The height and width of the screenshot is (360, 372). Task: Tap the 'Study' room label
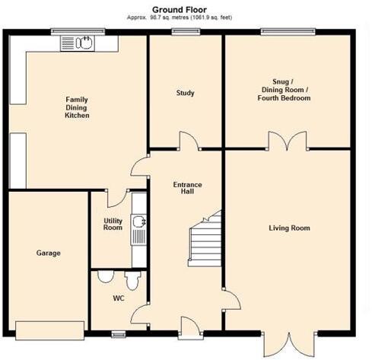(185, 93)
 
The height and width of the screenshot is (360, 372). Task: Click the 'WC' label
(118, 298)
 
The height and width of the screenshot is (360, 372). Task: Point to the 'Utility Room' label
(113, 225)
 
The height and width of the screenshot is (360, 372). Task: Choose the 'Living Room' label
(289, 228)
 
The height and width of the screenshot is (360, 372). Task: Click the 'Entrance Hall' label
(186, 187)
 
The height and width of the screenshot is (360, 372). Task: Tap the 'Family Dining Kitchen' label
(77, 107)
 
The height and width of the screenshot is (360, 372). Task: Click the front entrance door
(187, 326)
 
